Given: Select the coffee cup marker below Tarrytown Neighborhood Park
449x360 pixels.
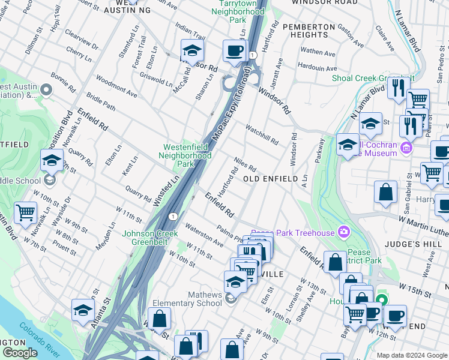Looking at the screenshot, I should pyautogui.click(x=235, y=51).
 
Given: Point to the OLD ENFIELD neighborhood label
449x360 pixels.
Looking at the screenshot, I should pyautogui.click(x=270, y=179).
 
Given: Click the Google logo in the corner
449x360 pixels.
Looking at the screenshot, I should pyautogui.click(x=20, y=353).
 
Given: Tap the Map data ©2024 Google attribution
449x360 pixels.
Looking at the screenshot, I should pyautogui.click(x=411, y=355).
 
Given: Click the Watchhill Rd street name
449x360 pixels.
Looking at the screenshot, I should pyautogui.click(x=262, y=134).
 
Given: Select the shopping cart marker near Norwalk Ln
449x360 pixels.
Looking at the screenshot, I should pyautogui.click(x=25, y=213).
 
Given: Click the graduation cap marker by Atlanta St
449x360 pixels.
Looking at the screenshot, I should pyautogui.click(x=83, y=310).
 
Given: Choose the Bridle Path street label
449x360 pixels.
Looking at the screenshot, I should pyautogui.click(x=100, y=100).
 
